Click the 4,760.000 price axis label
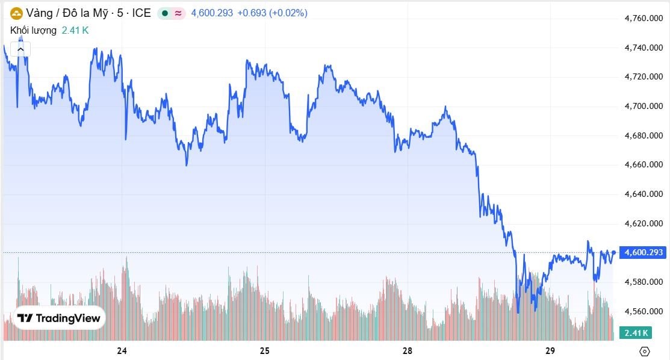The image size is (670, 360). (645, 19)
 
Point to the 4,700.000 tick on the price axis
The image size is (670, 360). (645, 107)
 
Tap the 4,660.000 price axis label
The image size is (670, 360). (645, 165)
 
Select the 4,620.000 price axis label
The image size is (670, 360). (645, 223)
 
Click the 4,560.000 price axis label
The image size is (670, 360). (645, 311)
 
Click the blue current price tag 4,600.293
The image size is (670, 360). (644, 252)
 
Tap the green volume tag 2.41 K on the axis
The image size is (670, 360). (636, 333)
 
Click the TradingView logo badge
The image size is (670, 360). (58, 318)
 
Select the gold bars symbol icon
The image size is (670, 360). (16, 13)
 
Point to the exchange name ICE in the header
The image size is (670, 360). (141, 13)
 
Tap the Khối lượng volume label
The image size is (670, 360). (34, 30)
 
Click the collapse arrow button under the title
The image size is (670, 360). (20, 48)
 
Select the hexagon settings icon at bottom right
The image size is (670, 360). (645, 351)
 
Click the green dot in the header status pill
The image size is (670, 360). (165, 13)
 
